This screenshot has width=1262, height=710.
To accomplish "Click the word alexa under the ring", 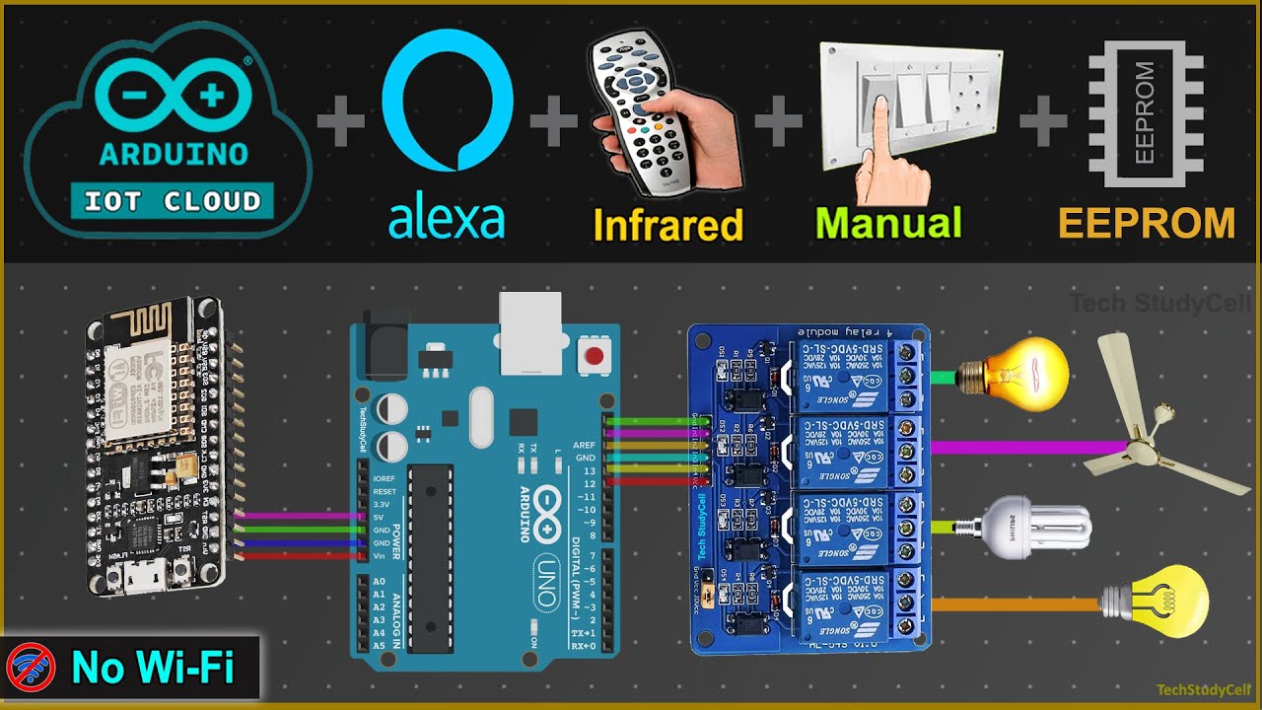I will [447, 220].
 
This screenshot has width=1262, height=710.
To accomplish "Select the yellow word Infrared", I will [667, 225].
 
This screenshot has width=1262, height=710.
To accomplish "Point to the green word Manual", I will [888, 223].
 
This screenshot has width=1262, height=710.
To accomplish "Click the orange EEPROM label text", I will [1147, 223].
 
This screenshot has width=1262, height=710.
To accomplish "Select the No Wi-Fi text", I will [152, 670].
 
